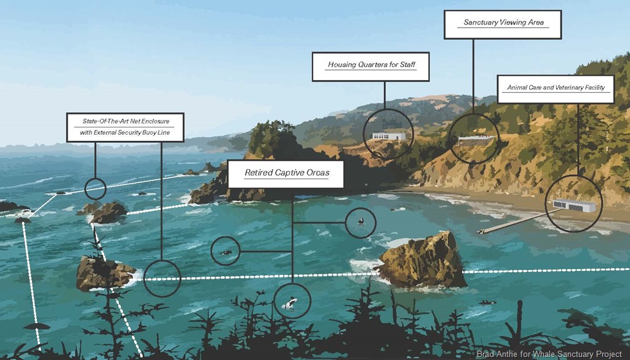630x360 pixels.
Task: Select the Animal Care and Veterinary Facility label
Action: (556, 88)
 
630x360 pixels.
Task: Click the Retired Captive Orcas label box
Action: (286, 174)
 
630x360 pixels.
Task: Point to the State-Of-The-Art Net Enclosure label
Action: (125, 127)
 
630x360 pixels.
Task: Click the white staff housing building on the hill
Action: (388, 135)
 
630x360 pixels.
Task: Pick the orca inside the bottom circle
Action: (290, 302)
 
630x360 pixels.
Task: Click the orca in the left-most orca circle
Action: (226, 252)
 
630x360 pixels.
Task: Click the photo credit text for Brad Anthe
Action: (549, 354)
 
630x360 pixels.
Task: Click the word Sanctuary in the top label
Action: (481, 23)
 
